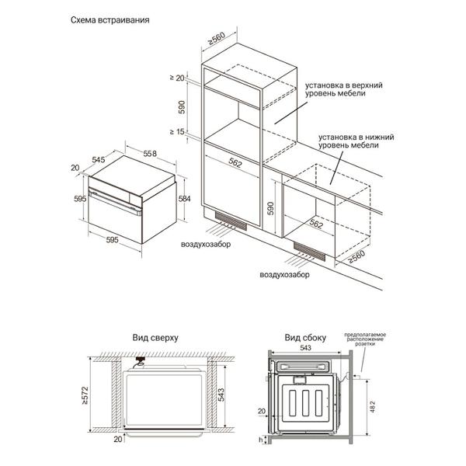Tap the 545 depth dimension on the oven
click(x=99, y=159)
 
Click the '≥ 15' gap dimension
click(x=179, y=132)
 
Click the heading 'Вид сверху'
click(x=156, y=339)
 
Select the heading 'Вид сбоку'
click(x=304, y=339)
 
